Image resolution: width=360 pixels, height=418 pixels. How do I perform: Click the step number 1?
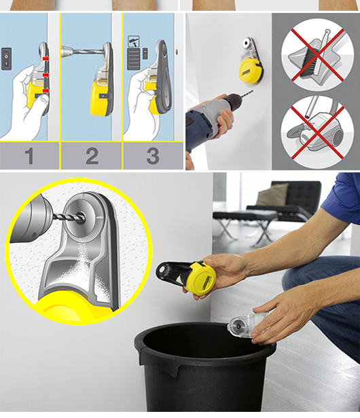pyautogui.click(x=29, y=156)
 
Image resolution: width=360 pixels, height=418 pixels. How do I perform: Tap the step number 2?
pyautogui.click(x=92, y=156)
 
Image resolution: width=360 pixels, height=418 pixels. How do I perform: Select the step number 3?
pyautogui.click(x=153, y=156)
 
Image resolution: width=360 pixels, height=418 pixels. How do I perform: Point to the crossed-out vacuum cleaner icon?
pyautogui.click(x=317, y=131)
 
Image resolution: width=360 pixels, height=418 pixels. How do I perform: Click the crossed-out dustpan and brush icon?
pyautogui.click(x=317, y=56)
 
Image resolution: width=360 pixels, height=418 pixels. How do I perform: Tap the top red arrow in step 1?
pyautogui.click(x=46, y=58)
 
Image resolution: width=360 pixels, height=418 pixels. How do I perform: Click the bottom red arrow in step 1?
pyautogui.click(x=46, y=91)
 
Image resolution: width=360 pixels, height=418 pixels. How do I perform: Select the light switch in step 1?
pyautogui.click(x=6, y=58)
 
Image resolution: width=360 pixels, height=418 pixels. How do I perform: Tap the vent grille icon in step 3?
pyautogui.click(x=134, y=58)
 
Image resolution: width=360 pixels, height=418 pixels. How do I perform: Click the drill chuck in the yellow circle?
pyautogui.click(x=30, y=219)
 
